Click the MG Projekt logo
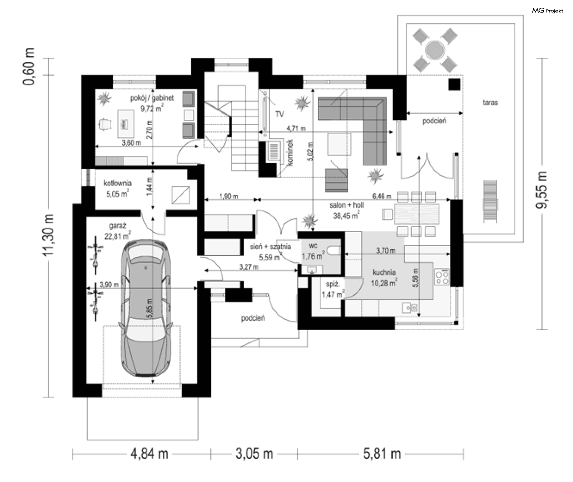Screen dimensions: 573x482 coord(548,11)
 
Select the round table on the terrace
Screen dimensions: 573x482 coord(435,50)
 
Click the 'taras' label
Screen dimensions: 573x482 coord(490,103)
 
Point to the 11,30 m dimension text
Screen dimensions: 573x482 coord(48,235)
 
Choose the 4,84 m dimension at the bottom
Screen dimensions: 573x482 coord(149,454)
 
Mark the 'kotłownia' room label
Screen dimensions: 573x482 coord(118,183)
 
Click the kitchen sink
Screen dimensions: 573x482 coord(409,307)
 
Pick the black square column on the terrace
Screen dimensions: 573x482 coord(455,84)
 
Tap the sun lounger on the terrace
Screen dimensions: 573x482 coord(490,201)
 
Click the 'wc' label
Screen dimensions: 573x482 coord(313,246)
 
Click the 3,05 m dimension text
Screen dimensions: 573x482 coord(254,454)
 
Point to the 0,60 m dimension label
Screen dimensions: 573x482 coord(29,66)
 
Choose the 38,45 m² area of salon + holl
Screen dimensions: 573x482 coord(346,215)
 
